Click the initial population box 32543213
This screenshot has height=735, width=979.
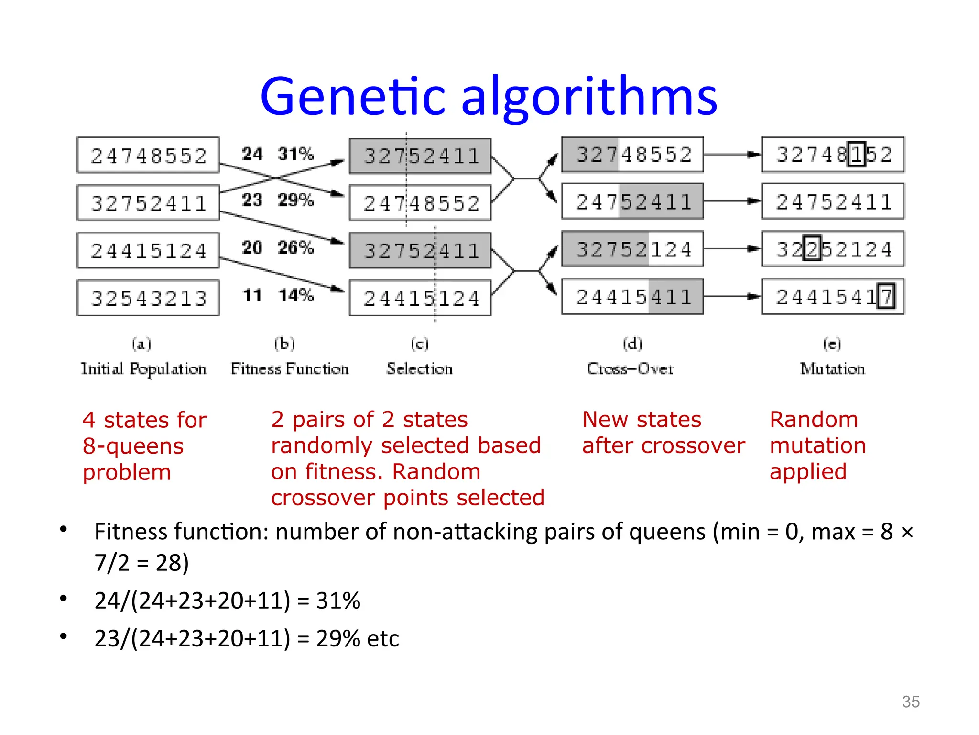(148, 298)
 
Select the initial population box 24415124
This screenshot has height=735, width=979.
(148, 250)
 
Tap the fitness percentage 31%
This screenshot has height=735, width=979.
(296, 154)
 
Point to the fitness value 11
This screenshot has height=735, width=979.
(252, 295)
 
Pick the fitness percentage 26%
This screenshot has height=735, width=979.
(296, 247)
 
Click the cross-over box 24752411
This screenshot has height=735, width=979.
(632, 201)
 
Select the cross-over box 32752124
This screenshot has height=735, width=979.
(632, 249)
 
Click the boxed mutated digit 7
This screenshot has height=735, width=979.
(886, 297)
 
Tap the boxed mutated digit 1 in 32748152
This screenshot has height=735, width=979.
(857, 154)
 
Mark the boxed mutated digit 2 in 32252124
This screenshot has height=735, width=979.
(812, 249)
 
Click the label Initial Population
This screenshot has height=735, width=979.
(143, 369)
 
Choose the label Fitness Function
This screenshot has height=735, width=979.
(290, 369)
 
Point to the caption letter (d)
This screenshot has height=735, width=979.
(632, 344)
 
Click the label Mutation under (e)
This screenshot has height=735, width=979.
(832, 369)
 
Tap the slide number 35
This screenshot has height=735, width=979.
(911, 702)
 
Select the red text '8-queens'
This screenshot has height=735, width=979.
(133, 446)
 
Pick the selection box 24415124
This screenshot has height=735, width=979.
(420, 298)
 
